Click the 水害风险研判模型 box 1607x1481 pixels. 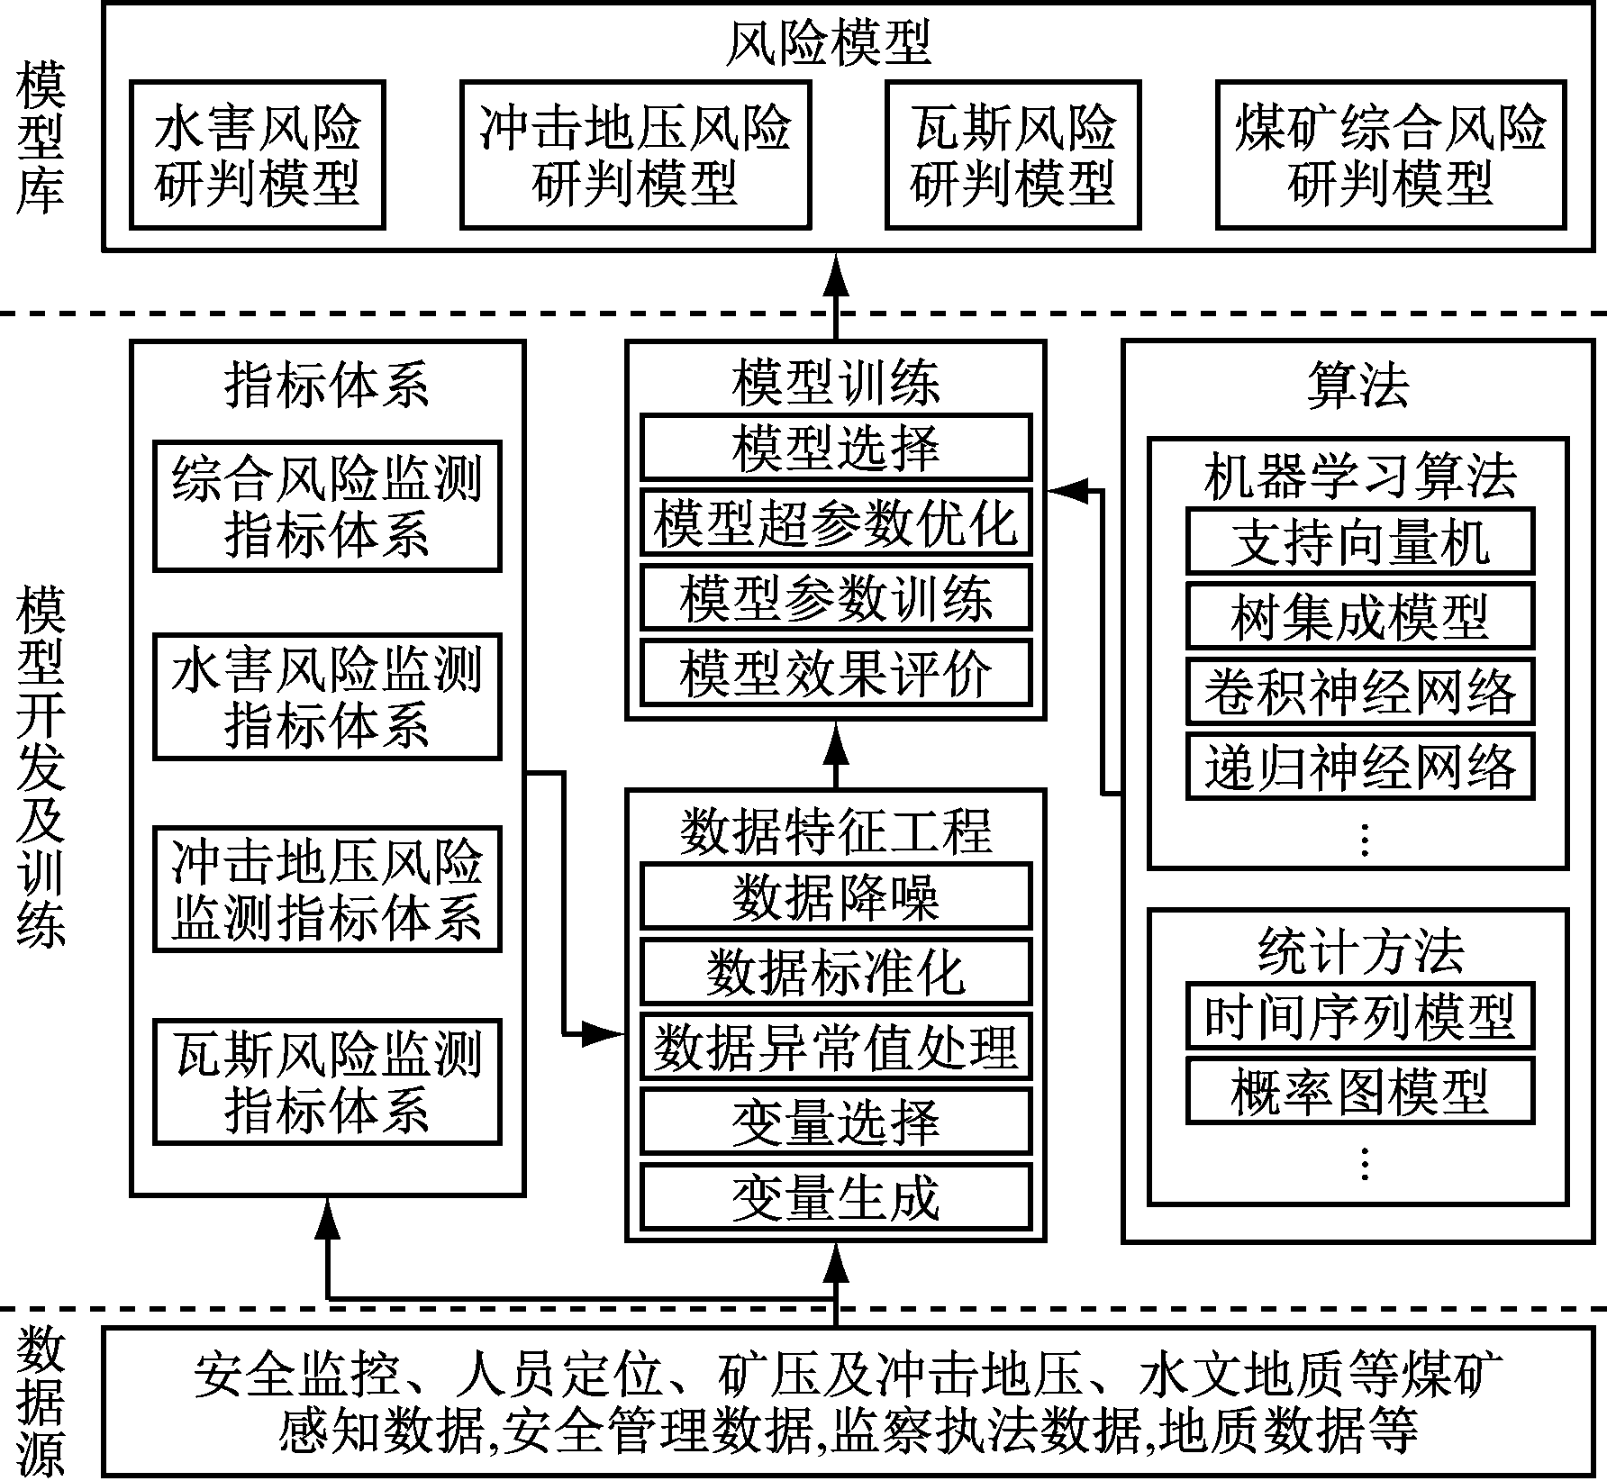click(x=258, y=155)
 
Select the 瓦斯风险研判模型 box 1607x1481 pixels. click(x=1012, y=155)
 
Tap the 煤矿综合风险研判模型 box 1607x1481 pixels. click(x=1390, y=155)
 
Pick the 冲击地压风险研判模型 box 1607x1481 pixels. click(x=635, y=155)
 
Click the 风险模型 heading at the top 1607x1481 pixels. click(x=828, y=43)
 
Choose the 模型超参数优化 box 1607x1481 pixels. click(x=835, y=522)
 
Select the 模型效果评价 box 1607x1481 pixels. click(x=835, y=673)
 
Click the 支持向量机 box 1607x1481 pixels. click(x=1359, y=541)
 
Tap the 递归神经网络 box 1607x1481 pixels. click(x=1359, y=767)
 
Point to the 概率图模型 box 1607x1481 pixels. click(x=1359, y=1091)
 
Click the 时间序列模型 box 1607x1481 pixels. click(x=1359, y=1015)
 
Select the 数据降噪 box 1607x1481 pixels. click(x=835, y=896)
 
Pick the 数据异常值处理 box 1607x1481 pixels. click(x=835, y=1047)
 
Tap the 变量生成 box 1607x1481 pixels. click(x=835, y=1197)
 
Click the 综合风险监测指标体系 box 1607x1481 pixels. click(x=327, y=506)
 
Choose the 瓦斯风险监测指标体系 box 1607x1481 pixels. click(x=327, y=1082)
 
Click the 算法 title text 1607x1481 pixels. click(x=1357, y=385)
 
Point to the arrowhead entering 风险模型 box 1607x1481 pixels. click(x=837, y=271)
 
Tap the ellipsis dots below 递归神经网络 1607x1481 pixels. click(x=1364, y=840)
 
